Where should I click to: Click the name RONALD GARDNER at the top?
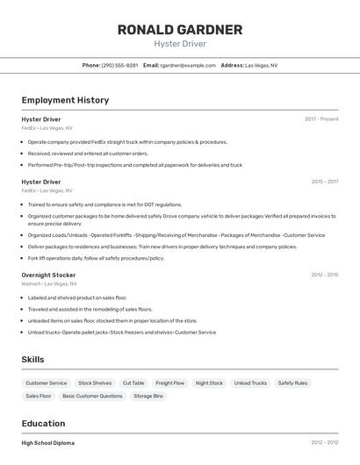[180, 30]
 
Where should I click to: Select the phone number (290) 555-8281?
[119, 65]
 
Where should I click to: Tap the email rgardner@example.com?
[186, 65]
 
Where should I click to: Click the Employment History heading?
[65, 100]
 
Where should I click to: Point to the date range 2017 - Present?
[321, 118]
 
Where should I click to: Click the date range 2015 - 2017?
[324, 182]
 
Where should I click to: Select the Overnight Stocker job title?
[48, 275]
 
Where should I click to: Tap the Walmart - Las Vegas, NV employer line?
[49, 284]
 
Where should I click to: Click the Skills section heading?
[32, 359]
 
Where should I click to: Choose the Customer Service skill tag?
[47, 383]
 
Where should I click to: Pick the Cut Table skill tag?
[133, 383]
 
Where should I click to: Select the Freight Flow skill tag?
[170, 383]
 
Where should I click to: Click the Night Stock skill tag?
[209, 383]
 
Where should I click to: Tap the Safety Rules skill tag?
[292, 383]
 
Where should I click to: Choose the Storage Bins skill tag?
[148, 397]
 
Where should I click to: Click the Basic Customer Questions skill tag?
[92, 397]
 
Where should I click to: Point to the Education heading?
[43, 423]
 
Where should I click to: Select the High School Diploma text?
[48, 443]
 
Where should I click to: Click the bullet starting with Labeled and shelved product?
[77, 297]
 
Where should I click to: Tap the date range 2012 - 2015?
[324, 275]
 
